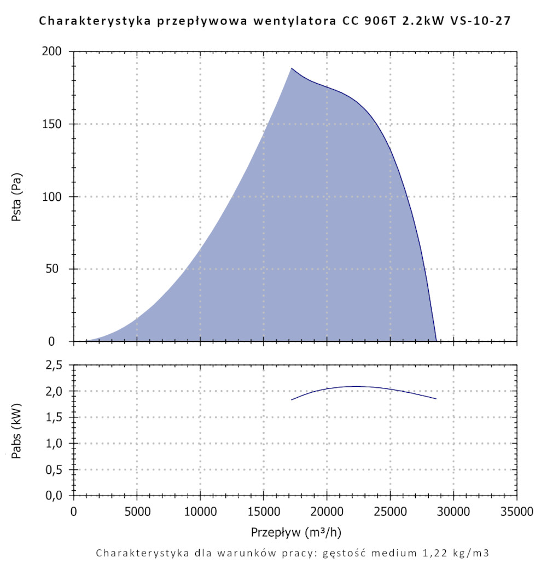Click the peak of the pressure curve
point(292,68)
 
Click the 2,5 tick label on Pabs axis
point(57,365)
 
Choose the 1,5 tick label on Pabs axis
point(57,417)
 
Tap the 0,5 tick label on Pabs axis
point(57,470)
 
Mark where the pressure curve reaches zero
point(436,341)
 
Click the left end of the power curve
point(292,400)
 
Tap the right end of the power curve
point(436,399)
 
